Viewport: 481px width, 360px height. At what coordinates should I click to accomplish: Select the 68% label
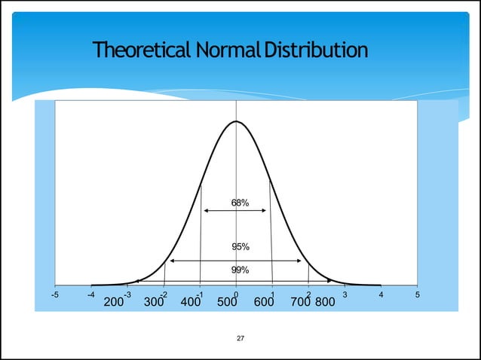[240, 203]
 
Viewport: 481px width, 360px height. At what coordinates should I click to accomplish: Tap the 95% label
[240, 246]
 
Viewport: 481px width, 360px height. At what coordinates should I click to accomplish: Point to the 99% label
[240, 270]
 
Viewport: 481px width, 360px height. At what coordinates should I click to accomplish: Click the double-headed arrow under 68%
[235, 211]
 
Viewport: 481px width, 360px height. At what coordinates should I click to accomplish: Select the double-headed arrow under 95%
[235, 261]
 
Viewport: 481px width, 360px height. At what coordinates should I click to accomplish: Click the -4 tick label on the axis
[91, 294]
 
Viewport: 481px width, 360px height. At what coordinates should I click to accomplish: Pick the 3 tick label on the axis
[345, 294]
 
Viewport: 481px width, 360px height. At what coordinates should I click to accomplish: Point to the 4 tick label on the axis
[381, 294]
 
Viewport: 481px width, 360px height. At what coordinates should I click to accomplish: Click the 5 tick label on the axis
[417, 294]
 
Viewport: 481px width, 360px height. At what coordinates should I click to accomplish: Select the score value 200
[113, 303]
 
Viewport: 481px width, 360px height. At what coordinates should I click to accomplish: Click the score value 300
[154, 303]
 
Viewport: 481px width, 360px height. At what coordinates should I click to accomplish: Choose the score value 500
[228, 303]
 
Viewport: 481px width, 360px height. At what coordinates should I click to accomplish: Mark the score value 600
[264, 303]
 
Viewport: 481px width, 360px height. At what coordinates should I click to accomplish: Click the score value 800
[325, 303]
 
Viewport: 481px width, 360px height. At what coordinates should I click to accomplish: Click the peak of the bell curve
[236, 121]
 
